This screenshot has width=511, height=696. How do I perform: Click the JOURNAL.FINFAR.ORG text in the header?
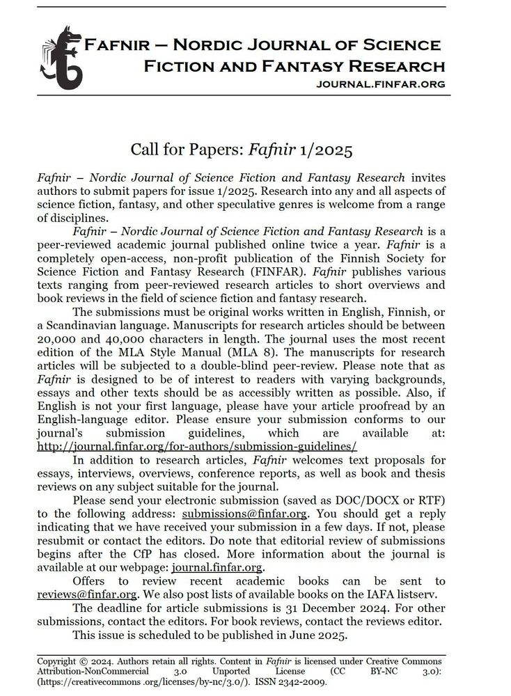pos(380,84)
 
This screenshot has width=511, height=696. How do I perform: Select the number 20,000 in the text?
pos(60,341)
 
